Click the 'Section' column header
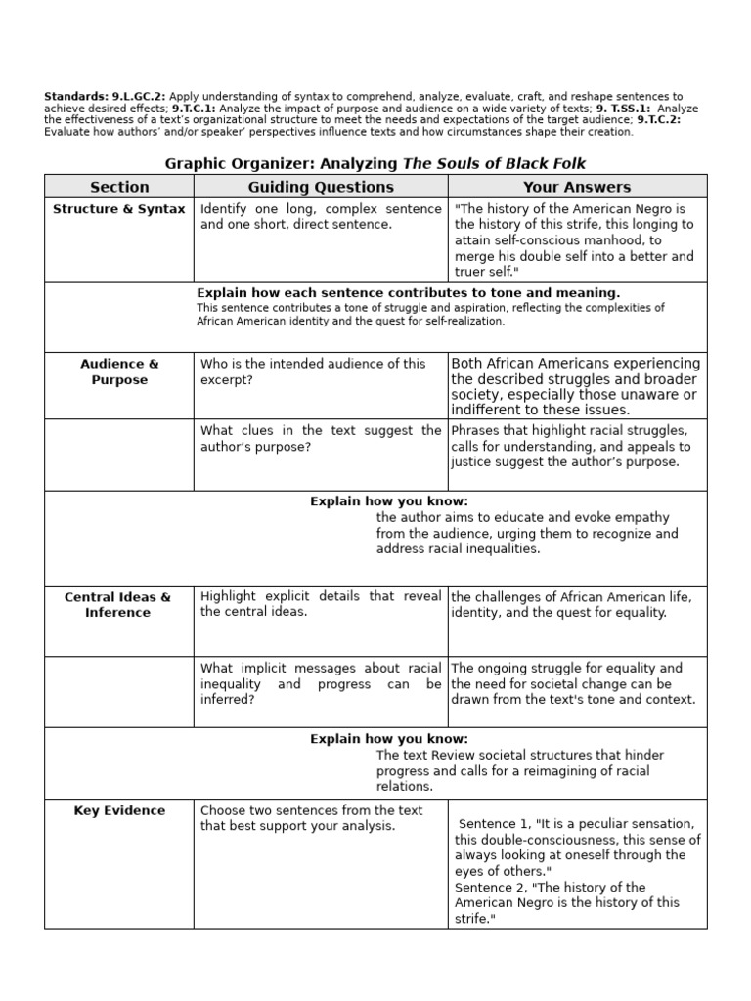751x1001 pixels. coord(119,187)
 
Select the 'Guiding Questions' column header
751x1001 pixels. coord(321,187)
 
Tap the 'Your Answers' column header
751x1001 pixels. coord(577,187)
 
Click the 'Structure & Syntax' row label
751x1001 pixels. coord(119,209)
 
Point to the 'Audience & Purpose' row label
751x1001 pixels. coord(119,371)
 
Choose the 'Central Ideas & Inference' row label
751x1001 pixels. coord(118,604)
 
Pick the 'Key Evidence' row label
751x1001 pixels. coord(119,810)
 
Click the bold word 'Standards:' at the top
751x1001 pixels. coord(75,97)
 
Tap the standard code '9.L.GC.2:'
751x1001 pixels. coord(138,97)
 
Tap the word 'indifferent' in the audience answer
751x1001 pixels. coord(486,411)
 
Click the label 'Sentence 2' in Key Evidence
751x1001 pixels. coord(493,887)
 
